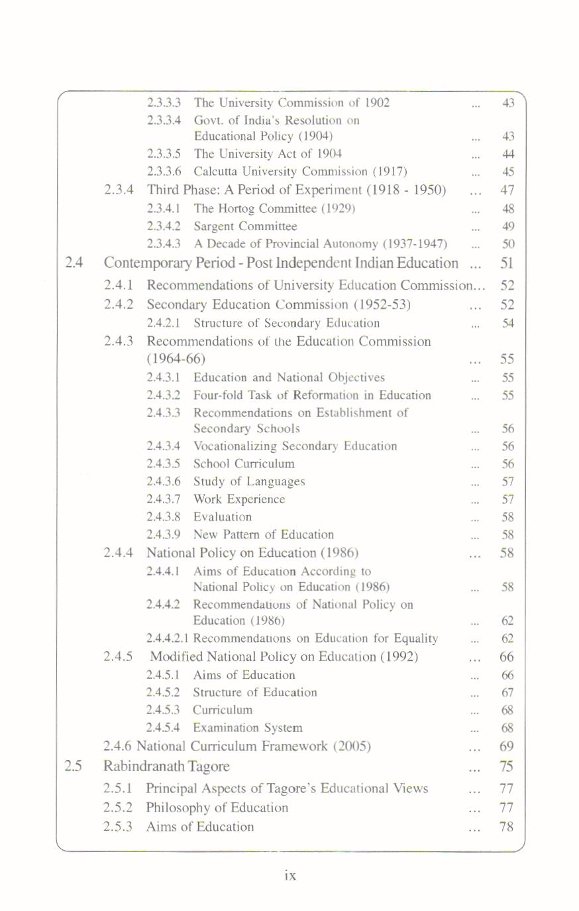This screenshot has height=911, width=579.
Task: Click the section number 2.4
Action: coord(74,263)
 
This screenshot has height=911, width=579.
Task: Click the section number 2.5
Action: coord(74,766)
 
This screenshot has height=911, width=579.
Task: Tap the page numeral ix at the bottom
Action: coord(289,875)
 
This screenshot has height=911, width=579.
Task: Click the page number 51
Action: coord(507,263)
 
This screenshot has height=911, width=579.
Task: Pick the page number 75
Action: coord(507,766)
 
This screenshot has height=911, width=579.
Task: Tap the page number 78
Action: coord(507,827)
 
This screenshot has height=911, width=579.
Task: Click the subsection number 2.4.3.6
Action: coord(164,481)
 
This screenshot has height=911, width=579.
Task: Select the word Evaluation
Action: coord(223,516)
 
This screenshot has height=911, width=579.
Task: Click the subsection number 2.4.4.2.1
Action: coord(168,638)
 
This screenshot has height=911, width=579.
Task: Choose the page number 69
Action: coord(507,747)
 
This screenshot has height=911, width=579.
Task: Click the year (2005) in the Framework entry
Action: coord(352,747)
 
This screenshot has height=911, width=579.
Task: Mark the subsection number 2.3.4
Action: coord(119,190)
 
